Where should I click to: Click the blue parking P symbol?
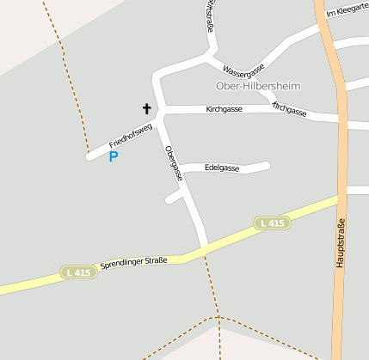(113, 156)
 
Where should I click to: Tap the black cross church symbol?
(146, 109)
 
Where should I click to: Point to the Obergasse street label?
(175, 162)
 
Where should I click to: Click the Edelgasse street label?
(222, 168)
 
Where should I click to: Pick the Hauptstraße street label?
(341, 240)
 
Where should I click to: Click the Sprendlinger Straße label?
(133, 260)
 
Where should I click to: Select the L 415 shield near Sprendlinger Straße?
(78, 272)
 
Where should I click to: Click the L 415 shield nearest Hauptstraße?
(272, 223)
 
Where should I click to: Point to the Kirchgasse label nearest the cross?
(224, 110)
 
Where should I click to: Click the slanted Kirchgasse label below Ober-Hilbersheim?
(289, 109)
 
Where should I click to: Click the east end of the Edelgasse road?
(267, 165)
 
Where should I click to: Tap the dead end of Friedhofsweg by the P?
(89, 156)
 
